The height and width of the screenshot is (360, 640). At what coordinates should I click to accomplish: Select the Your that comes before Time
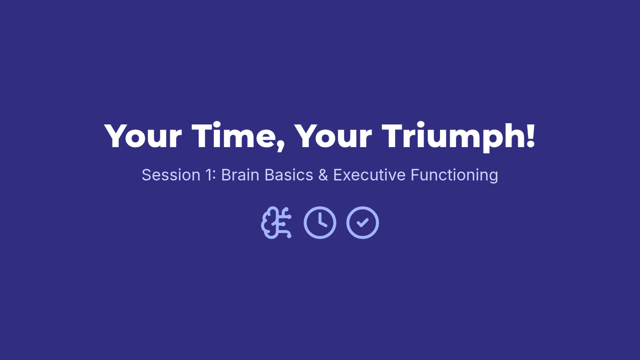point(143,136)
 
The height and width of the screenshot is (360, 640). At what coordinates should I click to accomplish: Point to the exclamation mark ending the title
point(530,135)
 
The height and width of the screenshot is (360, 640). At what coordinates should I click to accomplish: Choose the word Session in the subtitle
point(171,175)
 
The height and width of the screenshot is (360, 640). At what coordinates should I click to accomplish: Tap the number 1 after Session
point(209,175)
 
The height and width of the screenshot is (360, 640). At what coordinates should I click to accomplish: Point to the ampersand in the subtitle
point(323,175)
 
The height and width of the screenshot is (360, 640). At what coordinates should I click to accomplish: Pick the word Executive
point(369,175)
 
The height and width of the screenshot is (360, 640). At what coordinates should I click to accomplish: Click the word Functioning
point(454,175)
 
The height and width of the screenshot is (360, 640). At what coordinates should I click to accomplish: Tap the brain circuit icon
point(276,222)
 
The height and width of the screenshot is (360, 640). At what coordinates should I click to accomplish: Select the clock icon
point(320,222)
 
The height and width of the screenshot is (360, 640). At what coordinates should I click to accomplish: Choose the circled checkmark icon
point(363,222)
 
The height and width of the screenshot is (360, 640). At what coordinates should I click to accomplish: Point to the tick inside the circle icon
point(363,222)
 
